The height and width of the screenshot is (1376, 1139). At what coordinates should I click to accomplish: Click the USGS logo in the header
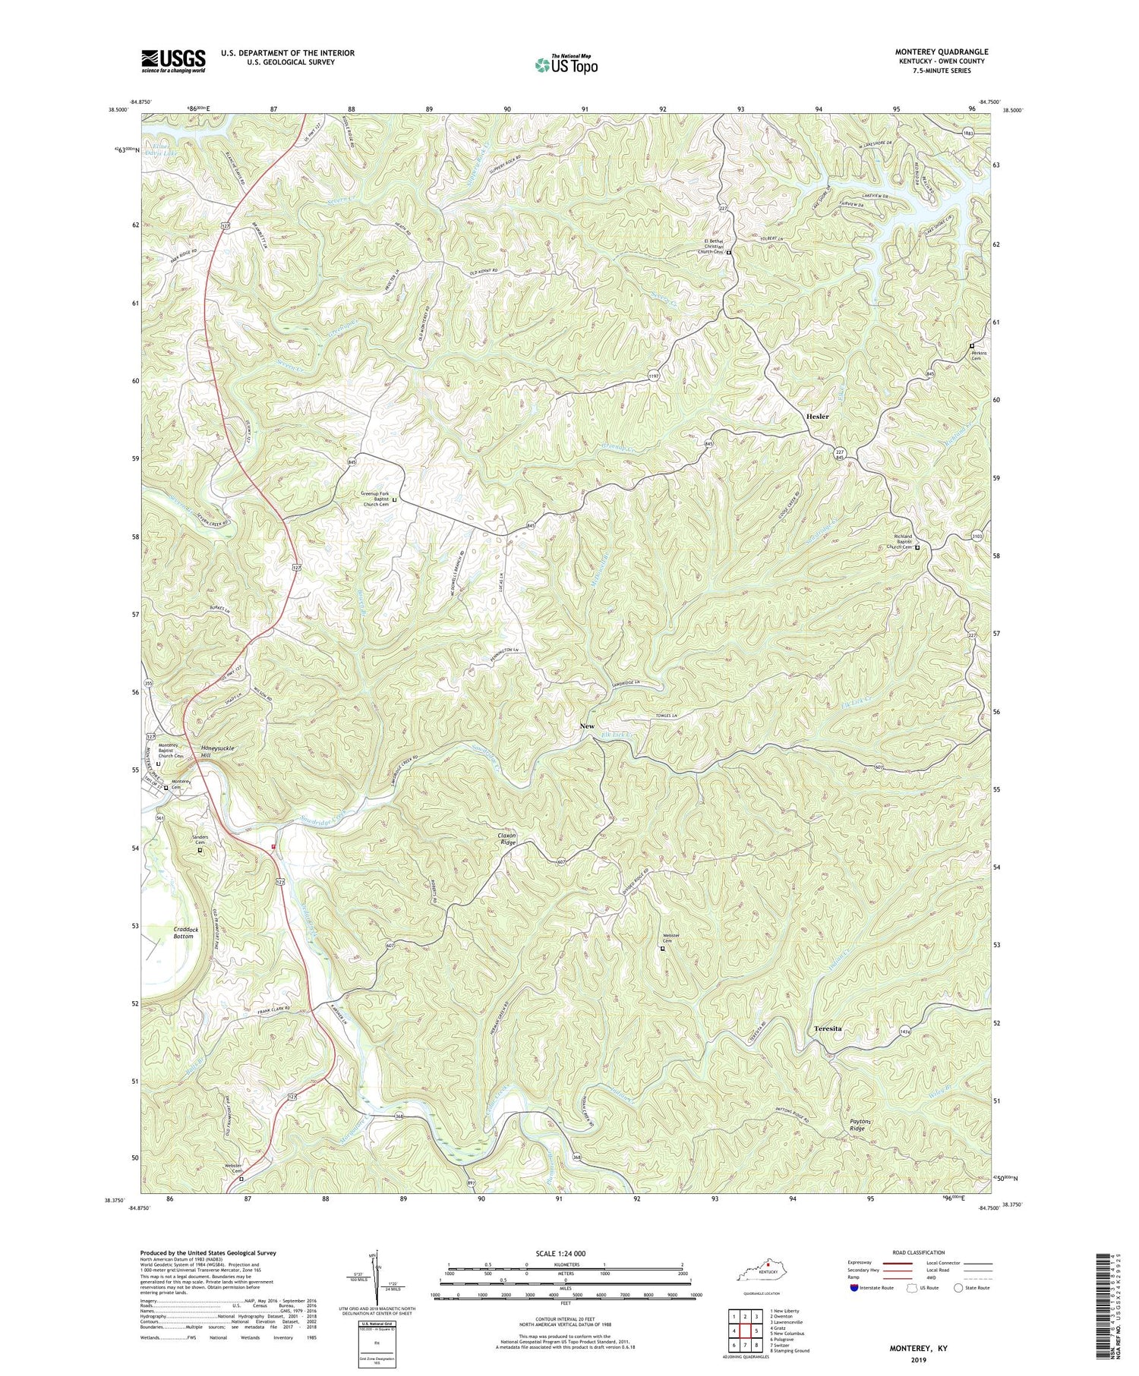[x=173, y=61]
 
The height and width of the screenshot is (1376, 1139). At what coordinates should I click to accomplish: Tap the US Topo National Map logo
[x=566, y=65]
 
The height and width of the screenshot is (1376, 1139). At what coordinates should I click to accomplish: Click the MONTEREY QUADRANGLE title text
[x=942, y=52]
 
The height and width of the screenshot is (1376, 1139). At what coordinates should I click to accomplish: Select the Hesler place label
[x=817, y=417]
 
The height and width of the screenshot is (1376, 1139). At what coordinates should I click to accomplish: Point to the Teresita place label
[x=828, y=1028]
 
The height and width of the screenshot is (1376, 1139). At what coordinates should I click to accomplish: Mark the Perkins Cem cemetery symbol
[x=971, y=346]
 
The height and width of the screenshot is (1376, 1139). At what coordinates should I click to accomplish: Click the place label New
[x=587, y=726]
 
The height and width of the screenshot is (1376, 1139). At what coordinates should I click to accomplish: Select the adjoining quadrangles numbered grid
[x=745, y=1330]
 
